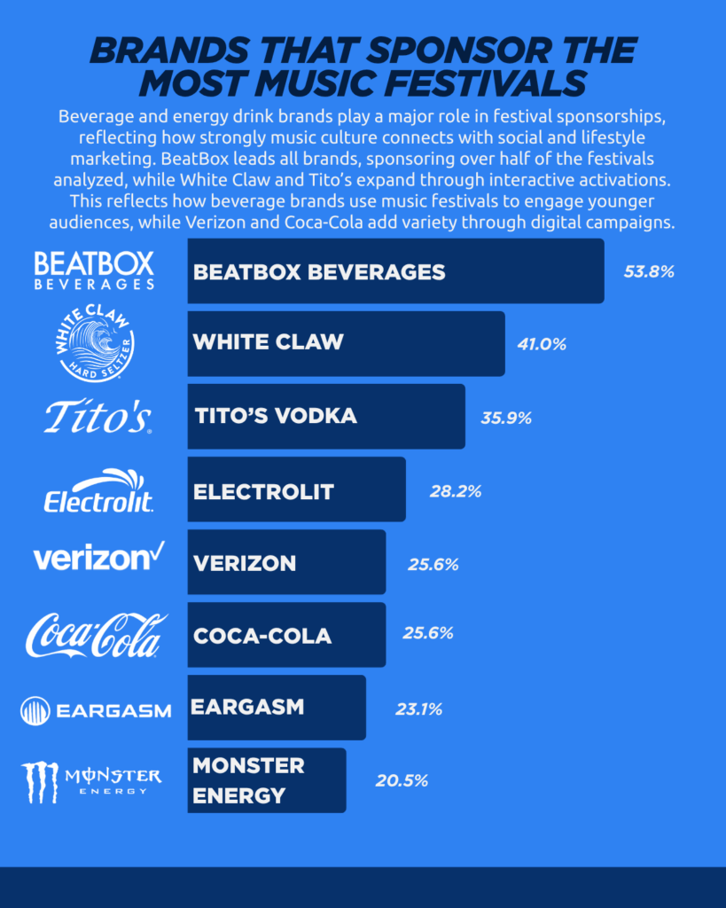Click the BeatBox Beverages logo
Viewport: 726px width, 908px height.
point(94,270)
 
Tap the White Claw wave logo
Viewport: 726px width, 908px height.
point(95,343)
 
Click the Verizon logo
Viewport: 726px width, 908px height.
point(98,558)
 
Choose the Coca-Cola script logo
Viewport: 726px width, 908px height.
point(96,635)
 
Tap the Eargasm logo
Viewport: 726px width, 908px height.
point(95,709)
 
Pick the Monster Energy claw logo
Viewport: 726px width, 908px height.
point(41,781)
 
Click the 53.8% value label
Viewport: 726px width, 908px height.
point(649,271)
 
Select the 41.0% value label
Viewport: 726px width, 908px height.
point(542,344)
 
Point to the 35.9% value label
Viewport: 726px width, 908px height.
point(506,417)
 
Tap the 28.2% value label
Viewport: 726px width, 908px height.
point(456,490)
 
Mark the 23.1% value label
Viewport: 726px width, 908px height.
point(418,708)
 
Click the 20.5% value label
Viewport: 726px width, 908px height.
point(402,780)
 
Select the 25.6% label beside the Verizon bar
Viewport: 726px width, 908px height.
point(433,563)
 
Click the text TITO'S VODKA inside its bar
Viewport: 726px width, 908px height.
point(275,416)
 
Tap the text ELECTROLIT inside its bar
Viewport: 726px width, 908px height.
point(263,490)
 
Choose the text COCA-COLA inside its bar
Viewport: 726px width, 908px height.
point(262,636)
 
